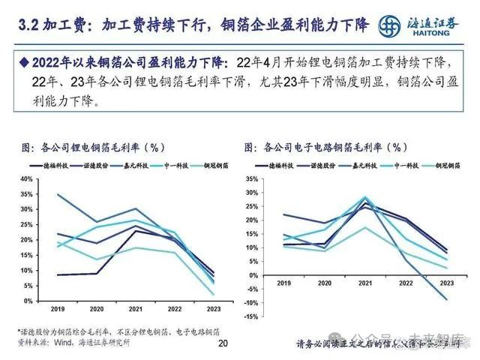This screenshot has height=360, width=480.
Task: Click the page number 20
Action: pyautogui.click(x=222, y=343)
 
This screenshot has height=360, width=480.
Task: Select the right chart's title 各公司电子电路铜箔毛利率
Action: pyautogui.click(x=335, y=147)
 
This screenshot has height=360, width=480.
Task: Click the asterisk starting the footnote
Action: pyautogui.click(x=19, y=331)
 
